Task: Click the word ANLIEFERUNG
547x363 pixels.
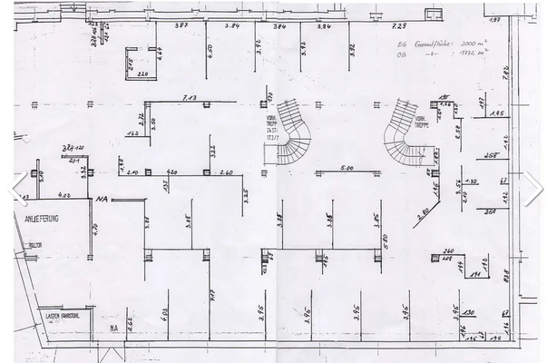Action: click(x=34, y=219)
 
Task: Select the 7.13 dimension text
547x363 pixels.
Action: click(x=190, y=97)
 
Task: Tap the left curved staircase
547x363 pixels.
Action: click(x=292, y=132)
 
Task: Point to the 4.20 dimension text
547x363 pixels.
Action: click(x=171, y=172)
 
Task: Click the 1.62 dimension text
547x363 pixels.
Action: click(x=132, y=133)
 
